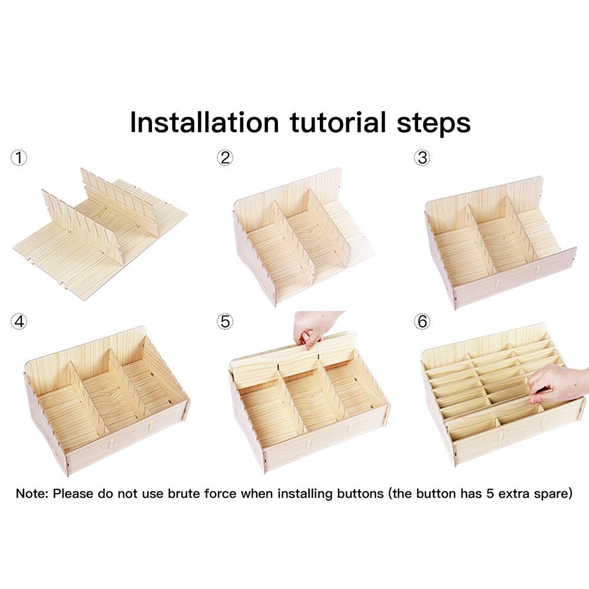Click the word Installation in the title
coord(204,122)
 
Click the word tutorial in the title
coord(338,122)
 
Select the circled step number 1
coord(19,157)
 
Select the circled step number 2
coord(225,157)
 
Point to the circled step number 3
coord(422,157)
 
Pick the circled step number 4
coord(19,322)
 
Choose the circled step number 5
coord(225,322)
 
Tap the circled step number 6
coord(422,322)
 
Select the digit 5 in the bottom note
coord(490,494)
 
